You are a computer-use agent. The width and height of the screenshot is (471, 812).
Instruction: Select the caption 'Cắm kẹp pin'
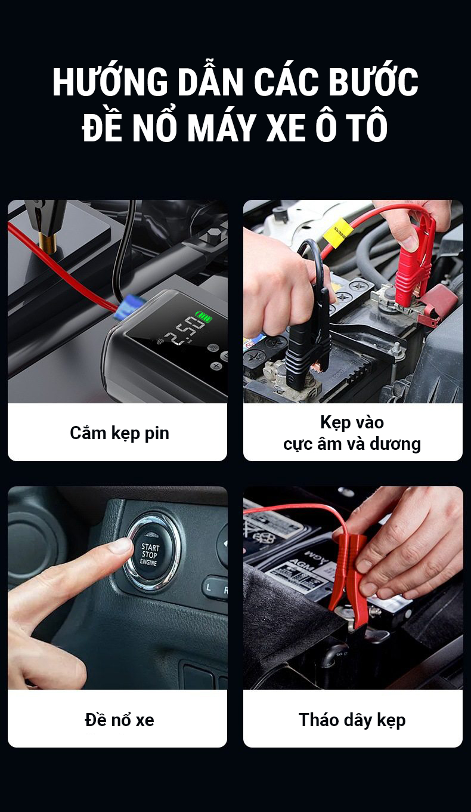pyautogui.click(x=120, y=434)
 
